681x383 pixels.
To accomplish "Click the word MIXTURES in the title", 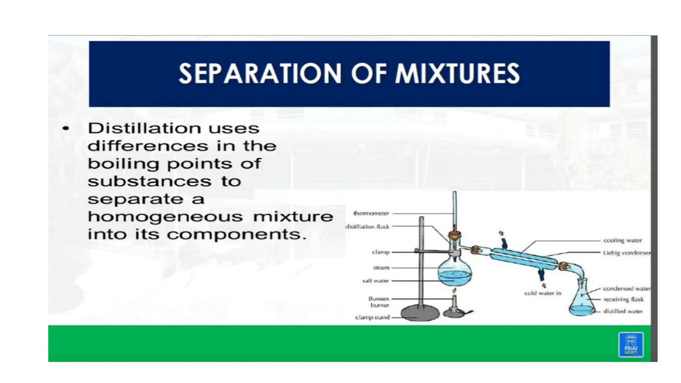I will [457, 73].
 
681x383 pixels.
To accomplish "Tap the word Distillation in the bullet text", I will [144, 128].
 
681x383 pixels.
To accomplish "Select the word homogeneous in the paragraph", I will [165, 217].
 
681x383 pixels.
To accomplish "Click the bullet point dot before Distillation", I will [66, 128].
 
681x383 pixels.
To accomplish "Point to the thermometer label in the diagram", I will [371, 213].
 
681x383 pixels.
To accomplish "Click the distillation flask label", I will [367, 227].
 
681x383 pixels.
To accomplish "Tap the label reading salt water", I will [375, 281].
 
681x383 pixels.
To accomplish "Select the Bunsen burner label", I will [379, 302].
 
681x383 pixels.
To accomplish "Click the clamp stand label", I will [372, 318].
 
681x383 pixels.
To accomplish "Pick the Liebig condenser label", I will [626, 253].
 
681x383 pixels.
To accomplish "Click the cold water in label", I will [543, 293].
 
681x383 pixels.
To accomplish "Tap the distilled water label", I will [623, 312].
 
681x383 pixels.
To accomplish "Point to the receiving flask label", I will [623, 300].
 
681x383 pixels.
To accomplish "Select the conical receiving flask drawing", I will [582, 301].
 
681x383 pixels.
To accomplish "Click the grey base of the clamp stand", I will [420, 313].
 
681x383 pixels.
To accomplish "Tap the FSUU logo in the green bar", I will [630, 345].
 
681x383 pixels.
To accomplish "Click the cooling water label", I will [622, 240].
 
